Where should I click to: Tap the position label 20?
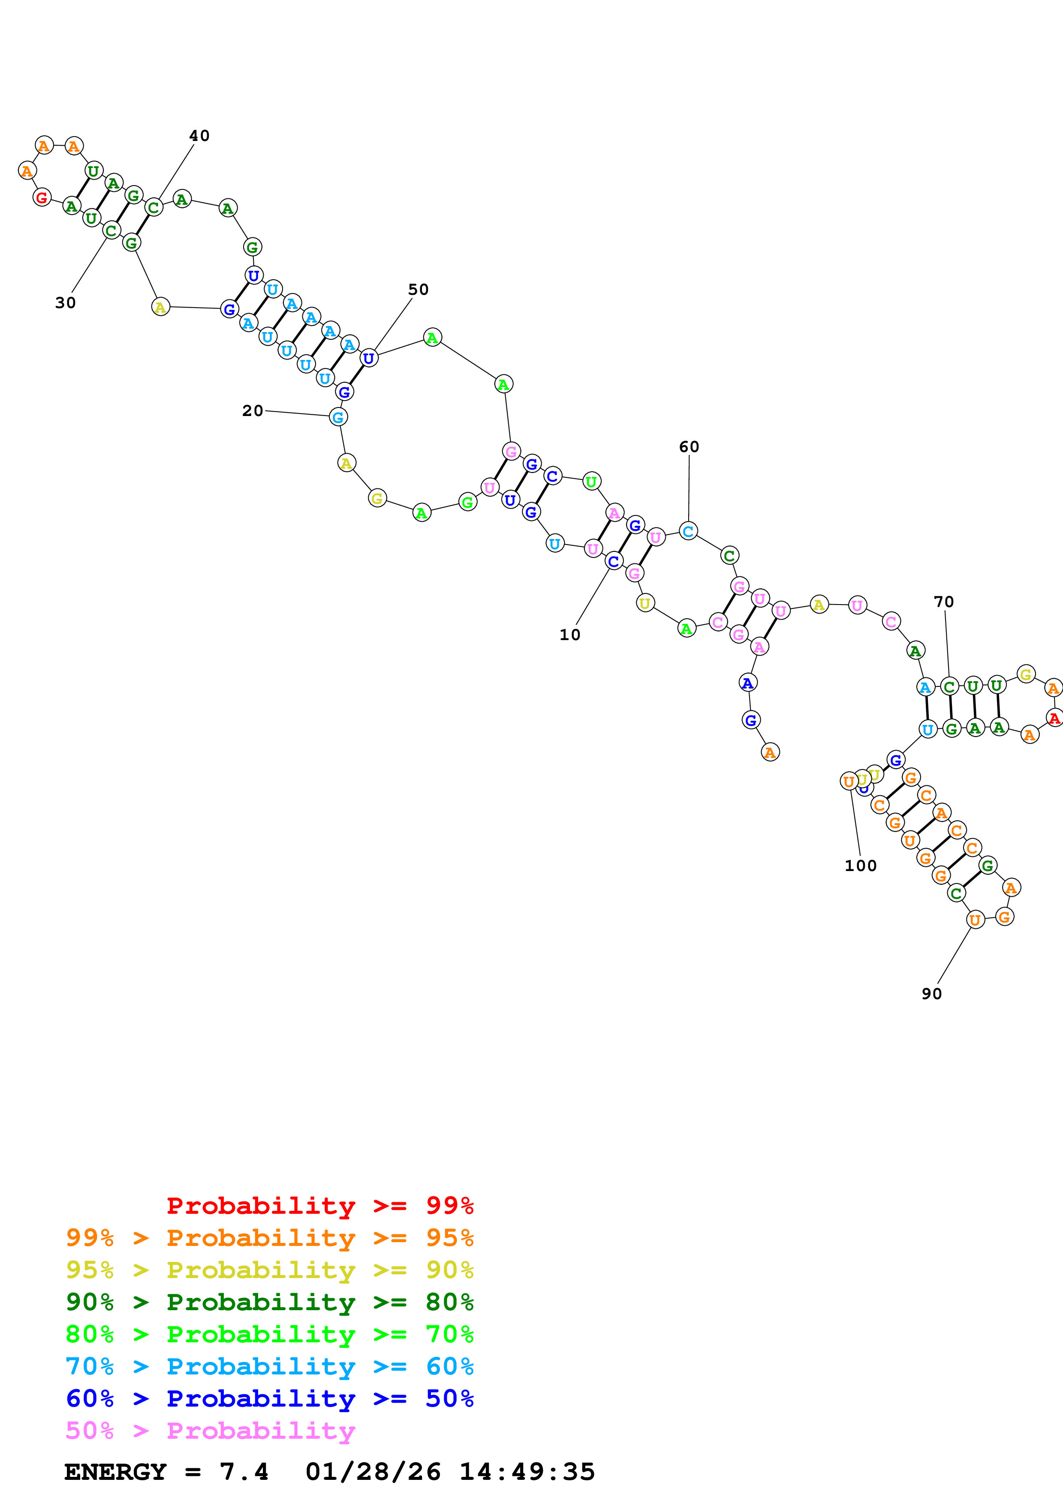pos(252,410)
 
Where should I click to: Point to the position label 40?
pos(199,135)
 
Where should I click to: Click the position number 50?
pos(418,289)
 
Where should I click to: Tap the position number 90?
pos(931,994)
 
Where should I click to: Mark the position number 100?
pos(860,865)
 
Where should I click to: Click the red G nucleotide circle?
pos(42,197)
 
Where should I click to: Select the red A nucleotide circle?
pos(1054,718)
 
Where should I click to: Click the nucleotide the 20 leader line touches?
pos(338,417)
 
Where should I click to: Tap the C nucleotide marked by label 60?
pos(688,531)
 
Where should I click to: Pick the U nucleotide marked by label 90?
pos(975,920)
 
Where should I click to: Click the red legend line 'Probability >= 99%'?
pos(319,1205)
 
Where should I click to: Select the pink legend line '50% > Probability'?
pos(210,1430)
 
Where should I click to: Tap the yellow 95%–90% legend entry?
pos(269,1269)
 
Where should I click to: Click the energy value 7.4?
pos(244,1472)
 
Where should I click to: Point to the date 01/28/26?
pos(373,1472)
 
